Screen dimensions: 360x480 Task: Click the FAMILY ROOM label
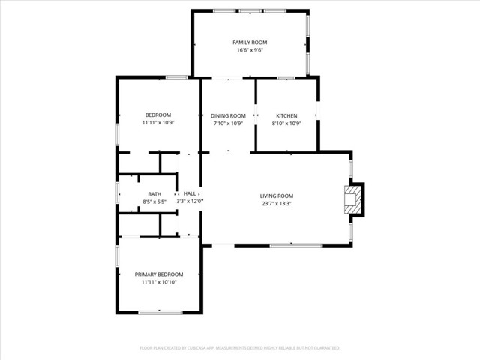coord(250,43)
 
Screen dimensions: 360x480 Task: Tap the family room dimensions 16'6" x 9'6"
coord(250,51)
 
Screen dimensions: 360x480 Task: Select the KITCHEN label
coord(286,115)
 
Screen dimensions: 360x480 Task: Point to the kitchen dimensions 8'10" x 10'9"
coord(286,124)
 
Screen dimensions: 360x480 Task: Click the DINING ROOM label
coord(228,115)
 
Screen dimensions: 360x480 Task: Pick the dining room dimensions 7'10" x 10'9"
coord(228,124)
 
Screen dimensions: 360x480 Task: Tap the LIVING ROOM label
coord(277,195)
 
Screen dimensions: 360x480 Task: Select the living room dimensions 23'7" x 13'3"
coord(277,203)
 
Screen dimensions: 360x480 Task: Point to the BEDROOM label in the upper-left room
coord(158,114)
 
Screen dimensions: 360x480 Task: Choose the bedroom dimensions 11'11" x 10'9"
coord(158,122)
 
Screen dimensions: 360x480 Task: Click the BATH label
coord(154,194)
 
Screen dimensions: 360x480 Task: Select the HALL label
coord(190,193)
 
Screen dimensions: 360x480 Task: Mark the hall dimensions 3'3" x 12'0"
coord(190,202)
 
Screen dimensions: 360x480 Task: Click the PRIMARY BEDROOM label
coord(159,274)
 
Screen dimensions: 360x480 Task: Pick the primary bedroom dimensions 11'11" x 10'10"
coord(159,283)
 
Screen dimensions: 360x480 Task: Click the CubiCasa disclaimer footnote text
coord(240,348)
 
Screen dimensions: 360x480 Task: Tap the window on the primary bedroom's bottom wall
coord(160,312)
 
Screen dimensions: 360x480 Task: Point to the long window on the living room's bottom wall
coord(295,245)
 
